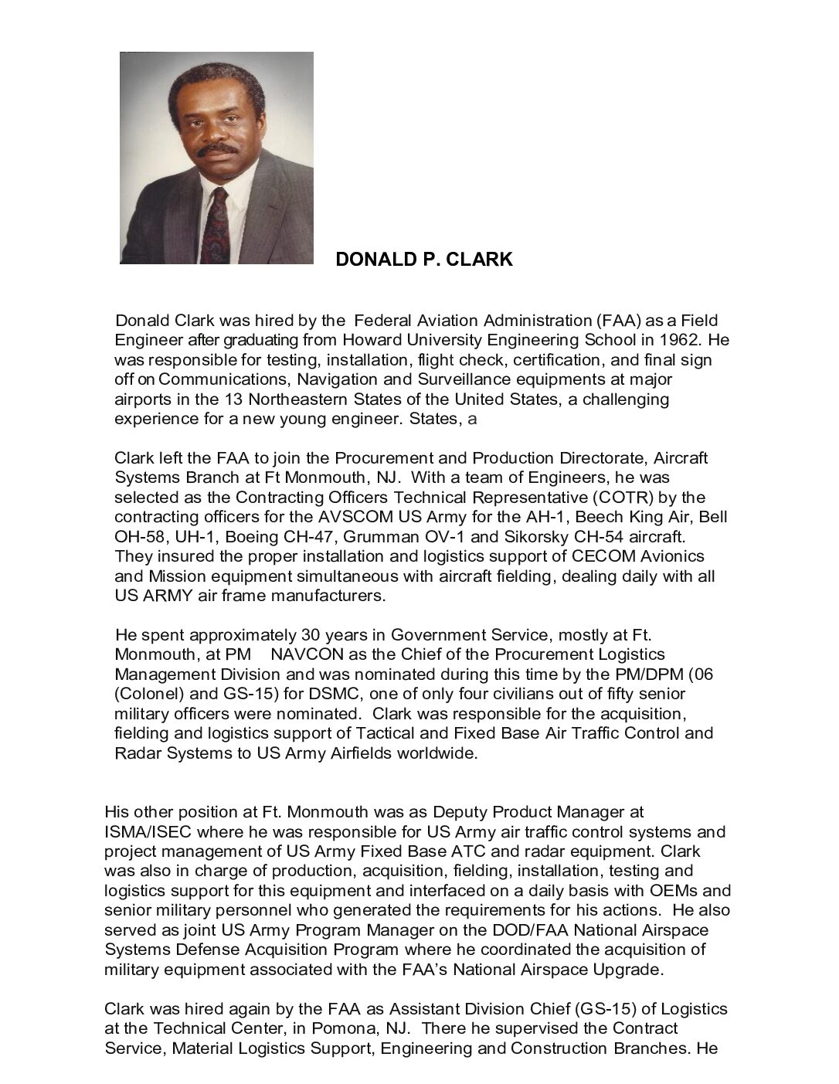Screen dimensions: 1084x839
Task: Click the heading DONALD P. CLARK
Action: click(x=423, y=260)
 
